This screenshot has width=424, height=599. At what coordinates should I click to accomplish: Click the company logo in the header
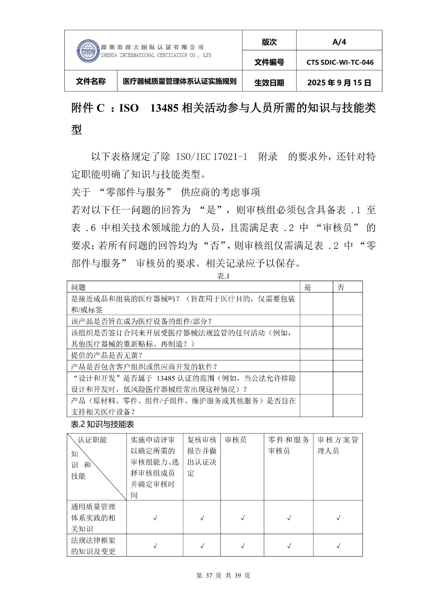[88, 51]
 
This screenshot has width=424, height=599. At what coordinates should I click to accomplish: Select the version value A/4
[339, 42]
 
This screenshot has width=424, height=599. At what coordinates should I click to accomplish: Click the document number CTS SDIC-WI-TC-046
[340, 63]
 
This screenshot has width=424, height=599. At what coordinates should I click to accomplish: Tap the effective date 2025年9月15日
[339, 83]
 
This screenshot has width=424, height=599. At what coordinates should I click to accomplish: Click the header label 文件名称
[91, 82]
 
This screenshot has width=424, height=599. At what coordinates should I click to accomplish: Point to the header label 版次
[269, 42]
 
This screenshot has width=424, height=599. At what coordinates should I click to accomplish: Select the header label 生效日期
[269, 83]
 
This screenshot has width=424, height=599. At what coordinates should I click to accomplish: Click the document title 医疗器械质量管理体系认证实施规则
[180, 82]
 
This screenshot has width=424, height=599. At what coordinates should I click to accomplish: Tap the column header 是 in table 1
[308, 287]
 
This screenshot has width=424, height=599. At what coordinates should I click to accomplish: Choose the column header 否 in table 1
[341, 287]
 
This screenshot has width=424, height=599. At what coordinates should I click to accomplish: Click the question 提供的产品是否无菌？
[107, 355]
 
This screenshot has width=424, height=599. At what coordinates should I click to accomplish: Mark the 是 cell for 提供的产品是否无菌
[316, 355]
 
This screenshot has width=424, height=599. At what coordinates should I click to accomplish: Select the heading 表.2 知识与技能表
[102, 424]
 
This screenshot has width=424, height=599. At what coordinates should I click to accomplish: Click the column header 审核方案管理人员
[338, 445]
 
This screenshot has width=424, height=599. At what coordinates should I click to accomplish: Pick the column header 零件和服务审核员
[289, 445]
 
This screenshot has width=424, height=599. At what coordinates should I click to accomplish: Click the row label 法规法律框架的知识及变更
[93, 545]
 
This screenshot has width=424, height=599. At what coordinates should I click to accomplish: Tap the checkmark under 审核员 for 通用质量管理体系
[243, 518]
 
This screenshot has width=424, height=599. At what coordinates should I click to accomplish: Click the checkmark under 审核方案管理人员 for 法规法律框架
[338, 546]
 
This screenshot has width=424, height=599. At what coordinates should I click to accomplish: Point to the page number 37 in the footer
[209, 575]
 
